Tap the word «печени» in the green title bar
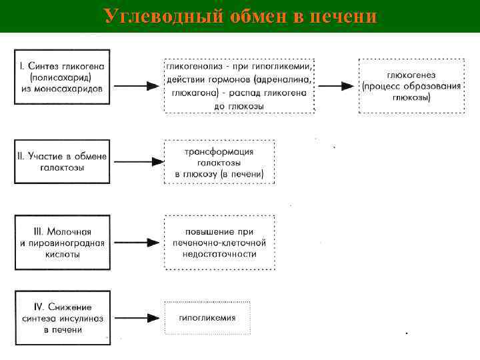point(343,15)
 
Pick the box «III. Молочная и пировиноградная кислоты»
point(63,242)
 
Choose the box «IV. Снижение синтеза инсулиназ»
point(63,318)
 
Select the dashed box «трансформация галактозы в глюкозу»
point(219,163)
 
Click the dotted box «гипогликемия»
point(207,318)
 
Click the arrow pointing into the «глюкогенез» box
point(337,87)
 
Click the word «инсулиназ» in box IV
point(85,318)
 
